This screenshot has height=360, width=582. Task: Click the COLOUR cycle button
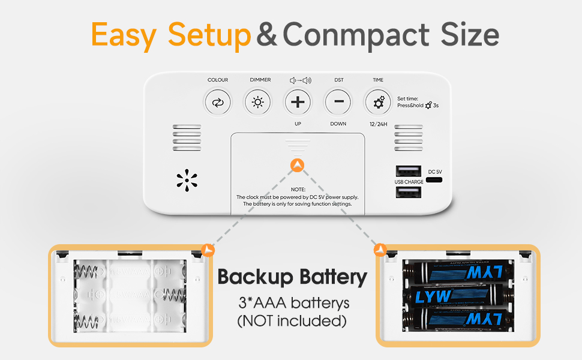coord(217,102)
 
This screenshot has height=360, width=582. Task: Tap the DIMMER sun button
coord(257,102)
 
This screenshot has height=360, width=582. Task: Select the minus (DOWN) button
coord(338,102)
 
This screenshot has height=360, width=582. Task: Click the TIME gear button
coord(379,102)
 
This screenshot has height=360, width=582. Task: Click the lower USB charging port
coord(407,192)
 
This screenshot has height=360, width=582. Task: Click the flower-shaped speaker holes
coord(187,181)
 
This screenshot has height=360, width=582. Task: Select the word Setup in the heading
coord(209,35)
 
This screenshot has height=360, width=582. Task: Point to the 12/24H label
coord(379,124)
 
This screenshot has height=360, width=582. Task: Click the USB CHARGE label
coord(409,182)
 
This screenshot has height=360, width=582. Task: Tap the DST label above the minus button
coord(339,80)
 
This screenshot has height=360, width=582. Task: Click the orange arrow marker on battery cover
coord(296,164)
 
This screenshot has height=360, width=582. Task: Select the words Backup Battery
coord(292,277)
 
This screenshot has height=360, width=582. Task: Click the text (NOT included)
coord(292,321)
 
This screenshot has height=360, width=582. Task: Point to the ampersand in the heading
coord(266,36)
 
